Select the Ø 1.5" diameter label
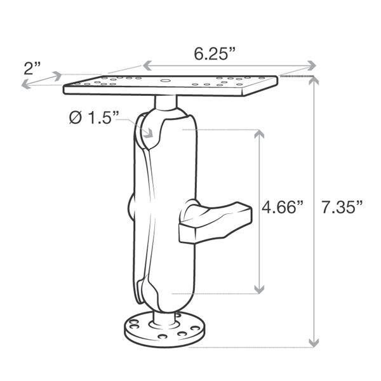(x=93, y=118)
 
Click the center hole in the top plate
(x=164, y=81)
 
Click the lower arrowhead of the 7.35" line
(x=313, y=343)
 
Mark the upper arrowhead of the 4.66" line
(x=258, y=134)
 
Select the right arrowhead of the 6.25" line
(x=312, y=65)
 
